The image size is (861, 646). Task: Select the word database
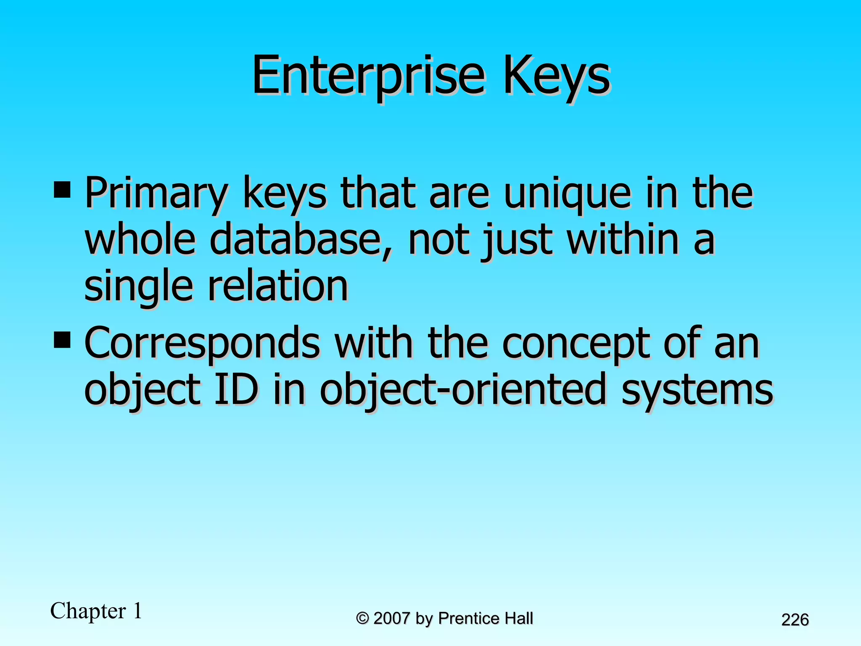point(301,240)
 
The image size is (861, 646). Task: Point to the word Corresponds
point(202,343)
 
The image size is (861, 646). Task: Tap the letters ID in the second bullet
point(236,389)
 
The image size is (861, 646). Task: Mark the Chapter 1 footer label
point(96,611)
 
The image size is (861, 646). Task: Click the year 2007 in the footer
point(391,618)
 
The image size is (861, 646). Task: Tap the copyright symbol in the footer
point(362,619)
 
